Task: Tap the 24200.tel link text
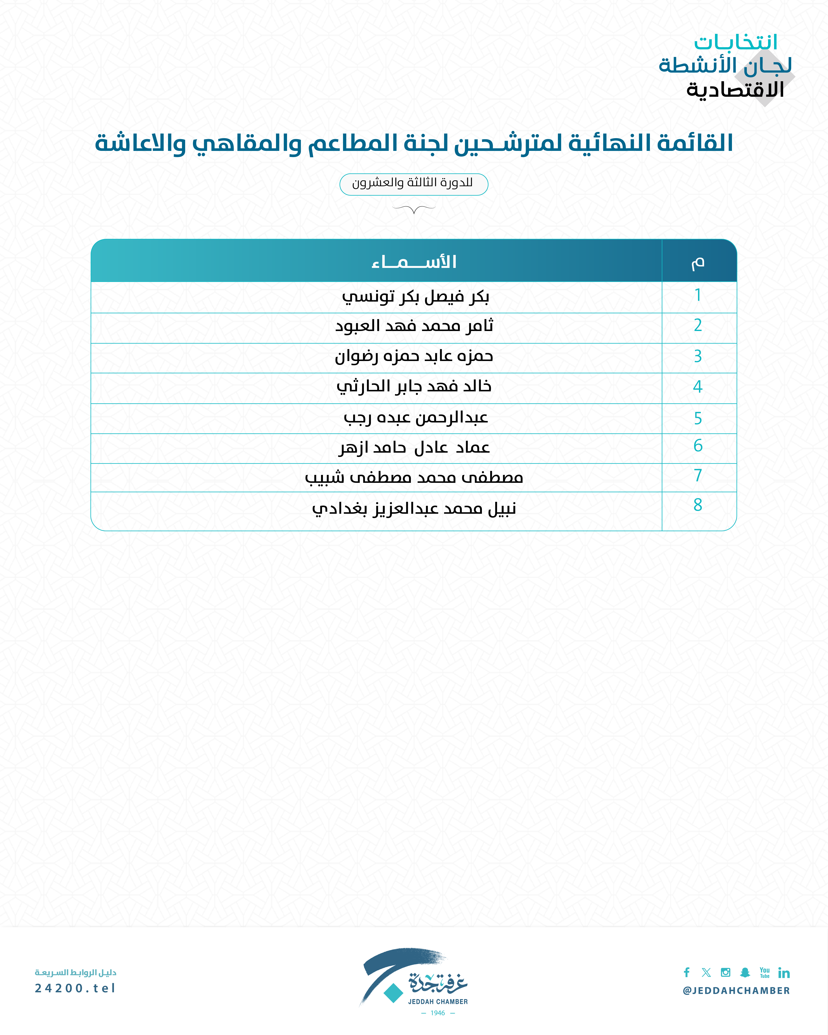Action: (x=75, y=988)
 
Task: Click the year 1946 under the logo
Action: (x=438, y=1013)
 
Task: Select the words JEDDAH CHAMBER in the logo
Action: (x=438, y=1001)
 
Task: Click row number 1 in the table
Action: (x=698, y=295)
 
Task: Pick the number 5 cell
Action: (x=698, y=418)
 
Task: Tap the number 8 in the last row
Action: (x=698, y=505)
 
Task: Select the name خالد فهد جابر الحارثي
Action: (x=414, y=386)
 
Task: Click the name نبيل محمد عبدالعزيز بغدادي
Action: (x=414, y=508)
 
